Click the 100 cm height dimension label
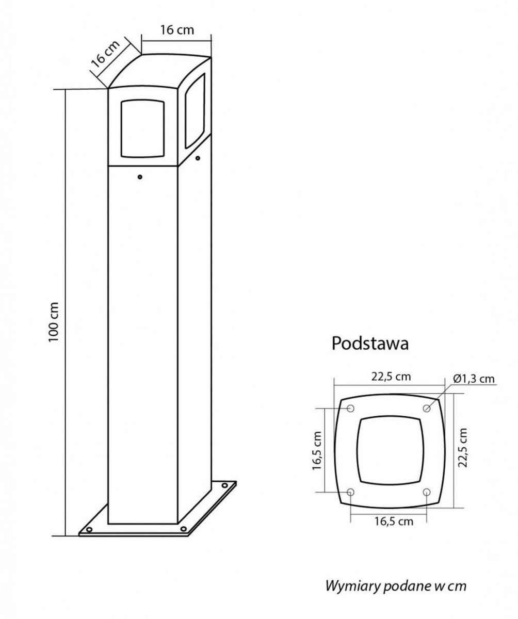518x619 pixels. (54, 322)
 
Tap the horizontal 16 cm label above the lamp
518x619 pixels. (177, 30)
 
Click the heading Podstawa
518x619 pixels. (370, 344)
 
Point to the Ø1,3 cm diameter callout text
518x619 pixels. (474, 379)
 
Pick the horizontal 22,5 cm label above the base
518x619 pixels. (391, 377)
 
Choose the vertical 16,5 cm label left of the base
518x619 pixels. (317, 450)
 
